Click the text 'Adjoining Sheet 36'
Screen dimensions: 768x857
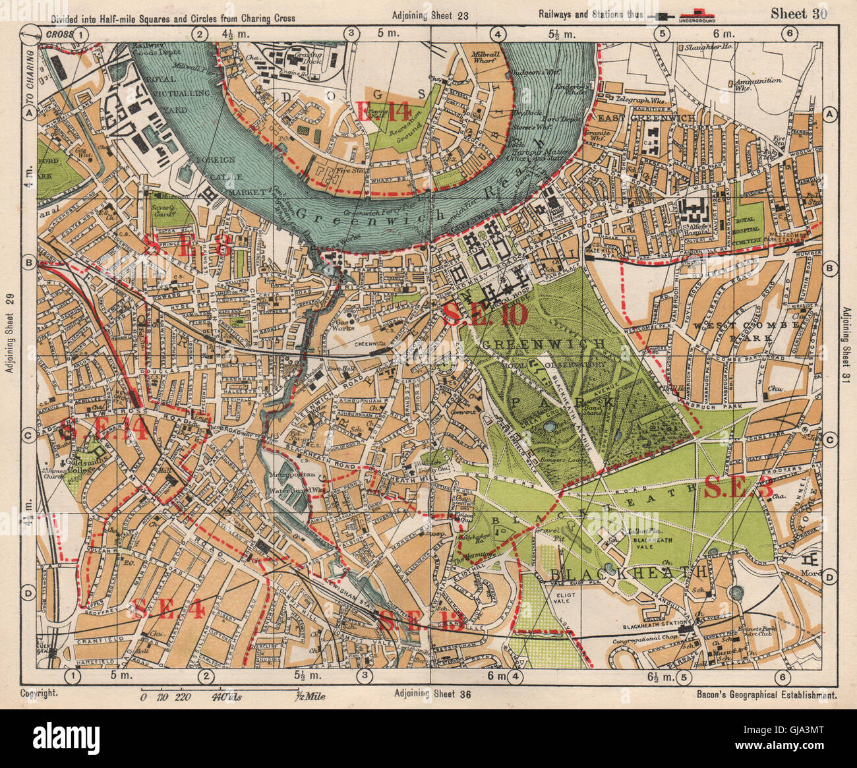click(432, 693)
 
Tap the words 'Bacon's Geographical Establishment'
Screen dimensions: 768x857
click(767, 694)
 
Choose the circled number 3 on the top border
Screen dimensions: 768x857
click(351, 33)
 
